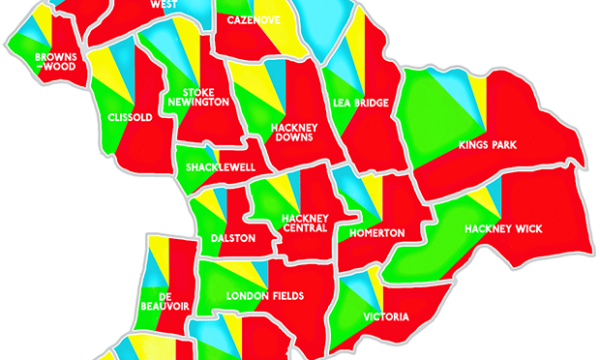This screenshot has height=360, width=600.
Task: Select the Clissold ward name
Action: point(132,118)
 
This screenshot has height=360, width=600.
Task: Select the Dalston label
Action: point(233,238)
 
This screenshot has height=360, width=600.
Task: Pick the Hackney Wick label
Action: point(503,228)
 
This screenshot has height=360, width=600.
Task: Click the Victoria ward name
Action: point(387,316)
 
